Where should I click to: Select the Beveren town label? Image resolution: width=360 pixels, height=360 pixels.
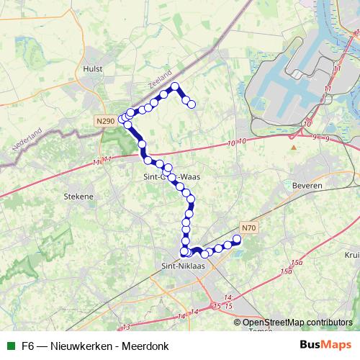[307, 185]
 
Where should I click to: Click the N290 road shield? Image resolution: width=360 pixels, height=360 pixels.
[105, 122]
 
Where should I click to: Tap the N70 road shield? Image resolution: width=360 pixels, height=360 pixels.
[248, 228]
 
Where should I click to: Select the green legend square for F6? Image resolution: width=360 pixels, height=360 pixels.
[9, 345]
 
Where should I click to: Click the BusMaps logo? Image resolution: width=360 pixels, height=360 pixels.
[325, 344]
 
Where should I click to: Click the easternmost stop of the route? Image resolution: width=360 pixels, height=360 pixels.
[237, 239]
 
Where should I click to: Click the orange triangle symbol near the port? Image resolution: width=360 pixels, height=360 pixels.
[294, 147]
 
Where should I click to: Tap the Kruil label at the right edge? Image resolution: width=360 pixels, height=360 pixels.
[352, 255]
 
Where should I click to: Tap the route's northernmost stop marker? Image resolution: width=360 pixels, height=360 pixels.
[175, 86]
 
